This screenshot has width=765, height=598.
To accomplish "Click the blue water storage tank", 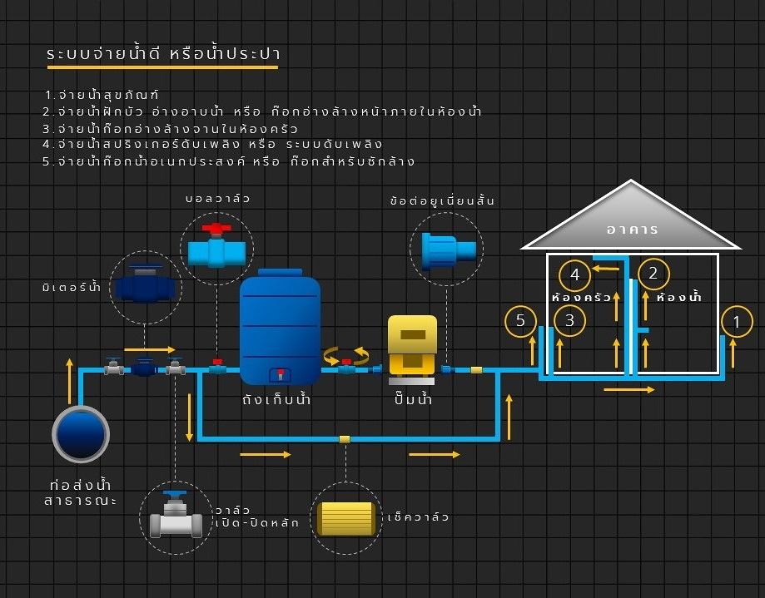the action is (x=280, y=327).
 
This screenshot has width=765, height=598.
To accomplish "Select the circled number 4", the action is (x=574, y=275).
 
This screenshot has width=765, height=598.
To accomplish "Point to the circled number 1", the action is (x=737, y=322).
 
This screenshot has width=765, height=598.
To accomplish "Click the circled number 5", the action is (x=520, y=321).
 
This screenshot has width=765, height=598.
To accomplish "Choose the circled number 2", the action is (x=653, y=274).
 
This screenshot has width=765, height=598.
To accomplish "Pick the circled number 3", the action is (x=569, y=320).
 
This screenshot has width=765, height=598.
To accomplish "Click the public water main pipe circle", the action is (x=81, y=434).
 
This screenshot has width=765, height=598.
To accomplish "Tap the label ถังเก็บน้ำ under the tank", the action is (x=276, y=400).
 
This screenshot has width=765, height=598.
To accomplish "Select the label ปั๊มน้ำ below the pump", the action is (x=413, y=398).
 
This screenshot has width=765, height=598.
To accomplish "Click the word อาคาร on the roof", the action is (x=633, y=229).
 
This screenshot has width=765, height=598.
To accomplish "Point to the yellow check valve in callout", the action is (x=346, y=518).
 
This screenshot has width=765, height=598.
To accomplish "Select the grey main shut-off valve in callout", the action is (x=176, y=515).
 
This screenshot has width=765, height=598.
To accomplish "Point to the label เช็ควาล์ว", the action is (x=418, y=516).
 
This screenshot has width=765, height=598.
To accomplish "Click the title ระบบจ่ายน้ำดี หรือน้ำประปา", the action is (x=163, y=53).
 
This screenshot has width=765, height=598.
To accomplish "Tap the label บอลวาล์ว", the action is (x=217, y=198).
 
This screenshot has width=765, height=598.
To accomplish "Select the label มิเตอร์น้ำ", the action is (x=72, y=287).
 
